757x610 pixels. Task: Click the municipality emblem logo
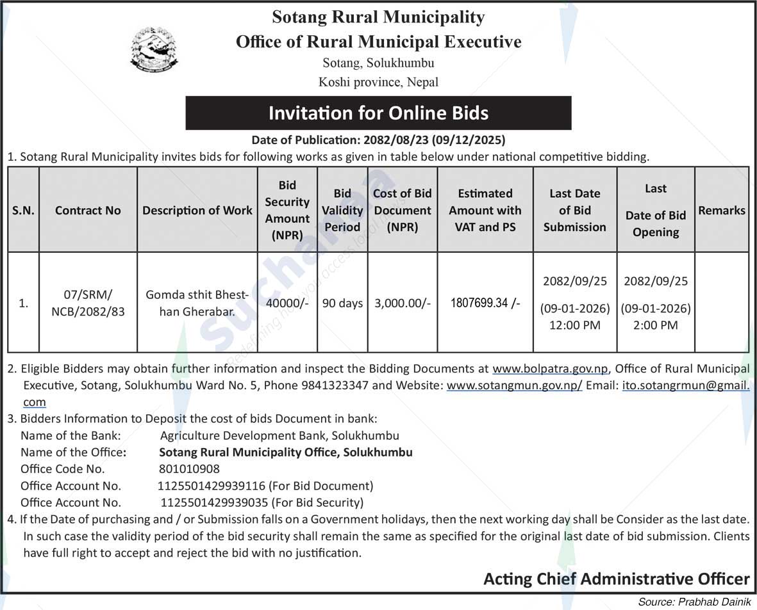coord(154,49)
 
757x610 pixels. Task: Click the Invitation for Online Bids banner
coord(378,113)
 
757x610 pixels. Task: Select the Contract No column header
coord(88,210)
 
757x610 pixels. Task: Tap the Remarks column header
coord(722,210)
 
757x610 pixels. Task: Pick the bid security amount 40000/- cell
coord(287,303)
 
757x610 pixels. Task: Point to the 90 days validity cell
coord(342,303)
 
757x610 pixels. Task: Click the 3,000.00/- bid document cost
coord(402,303)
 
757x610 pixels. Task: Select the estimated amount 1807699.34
coord(485,303)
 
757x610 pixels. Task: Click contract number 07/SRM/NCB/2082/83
coord(88,303)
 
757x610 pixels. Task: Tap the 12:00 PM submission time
coord(574,325)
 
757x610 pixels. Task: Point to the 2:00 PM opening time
coord(656,325)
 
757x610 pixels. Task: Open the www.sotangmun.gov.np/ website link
coord(514,386)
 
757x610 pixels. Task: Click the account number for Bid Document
coord(212,486)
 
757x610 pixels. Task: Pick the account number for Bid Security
coord(215,502)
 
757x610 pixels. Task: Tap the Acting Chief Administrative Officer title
coord(616,579)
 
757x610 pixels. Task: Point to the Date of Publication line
coord(378,140)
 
